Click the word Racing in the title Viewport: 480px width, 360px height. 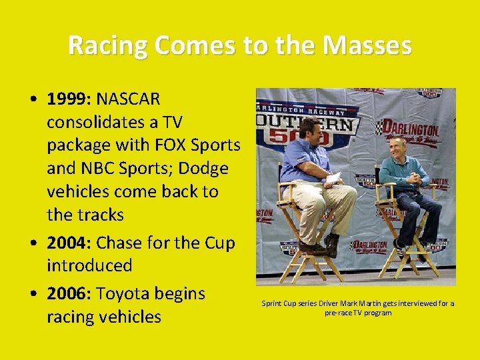(x=108, y=46)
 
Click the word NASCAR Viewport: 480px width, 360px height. (x=129, y=99)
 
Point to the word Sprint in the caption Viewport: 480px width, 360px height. (x=272, y=304)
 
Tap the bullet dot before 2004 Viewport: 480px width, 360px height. (x=33, y=243)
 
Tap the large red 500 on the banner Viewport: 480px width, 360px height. (x=309, y=139)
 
